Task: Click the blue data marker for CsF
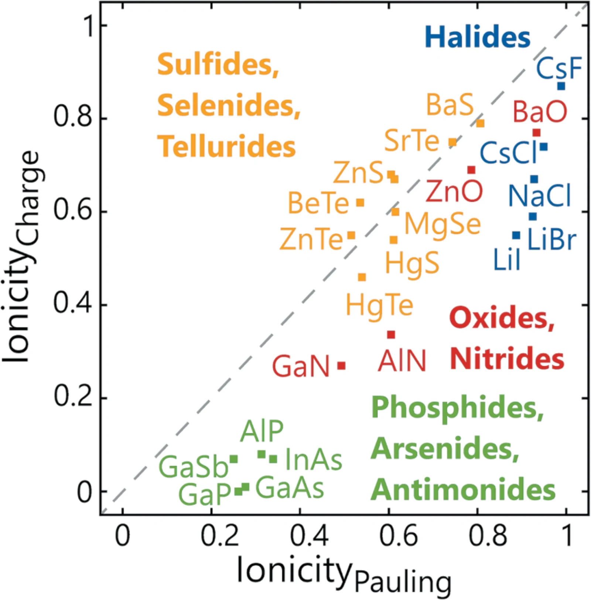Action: [561, 86]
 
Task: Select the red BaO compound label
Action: [540, 112]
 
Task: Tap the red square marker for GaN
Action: [342, 366]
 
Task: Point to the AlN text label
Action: [402, 361]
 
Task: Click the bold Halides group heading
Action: [477, 37]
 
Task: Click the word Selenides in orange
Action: [229, 105]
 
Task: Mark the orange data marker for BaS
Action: [480, 123]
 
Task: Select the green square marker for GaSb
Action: [234, 459]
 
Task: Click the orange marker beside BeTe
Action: [360, 202]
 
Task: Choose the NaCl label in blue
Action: [540, 195]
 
